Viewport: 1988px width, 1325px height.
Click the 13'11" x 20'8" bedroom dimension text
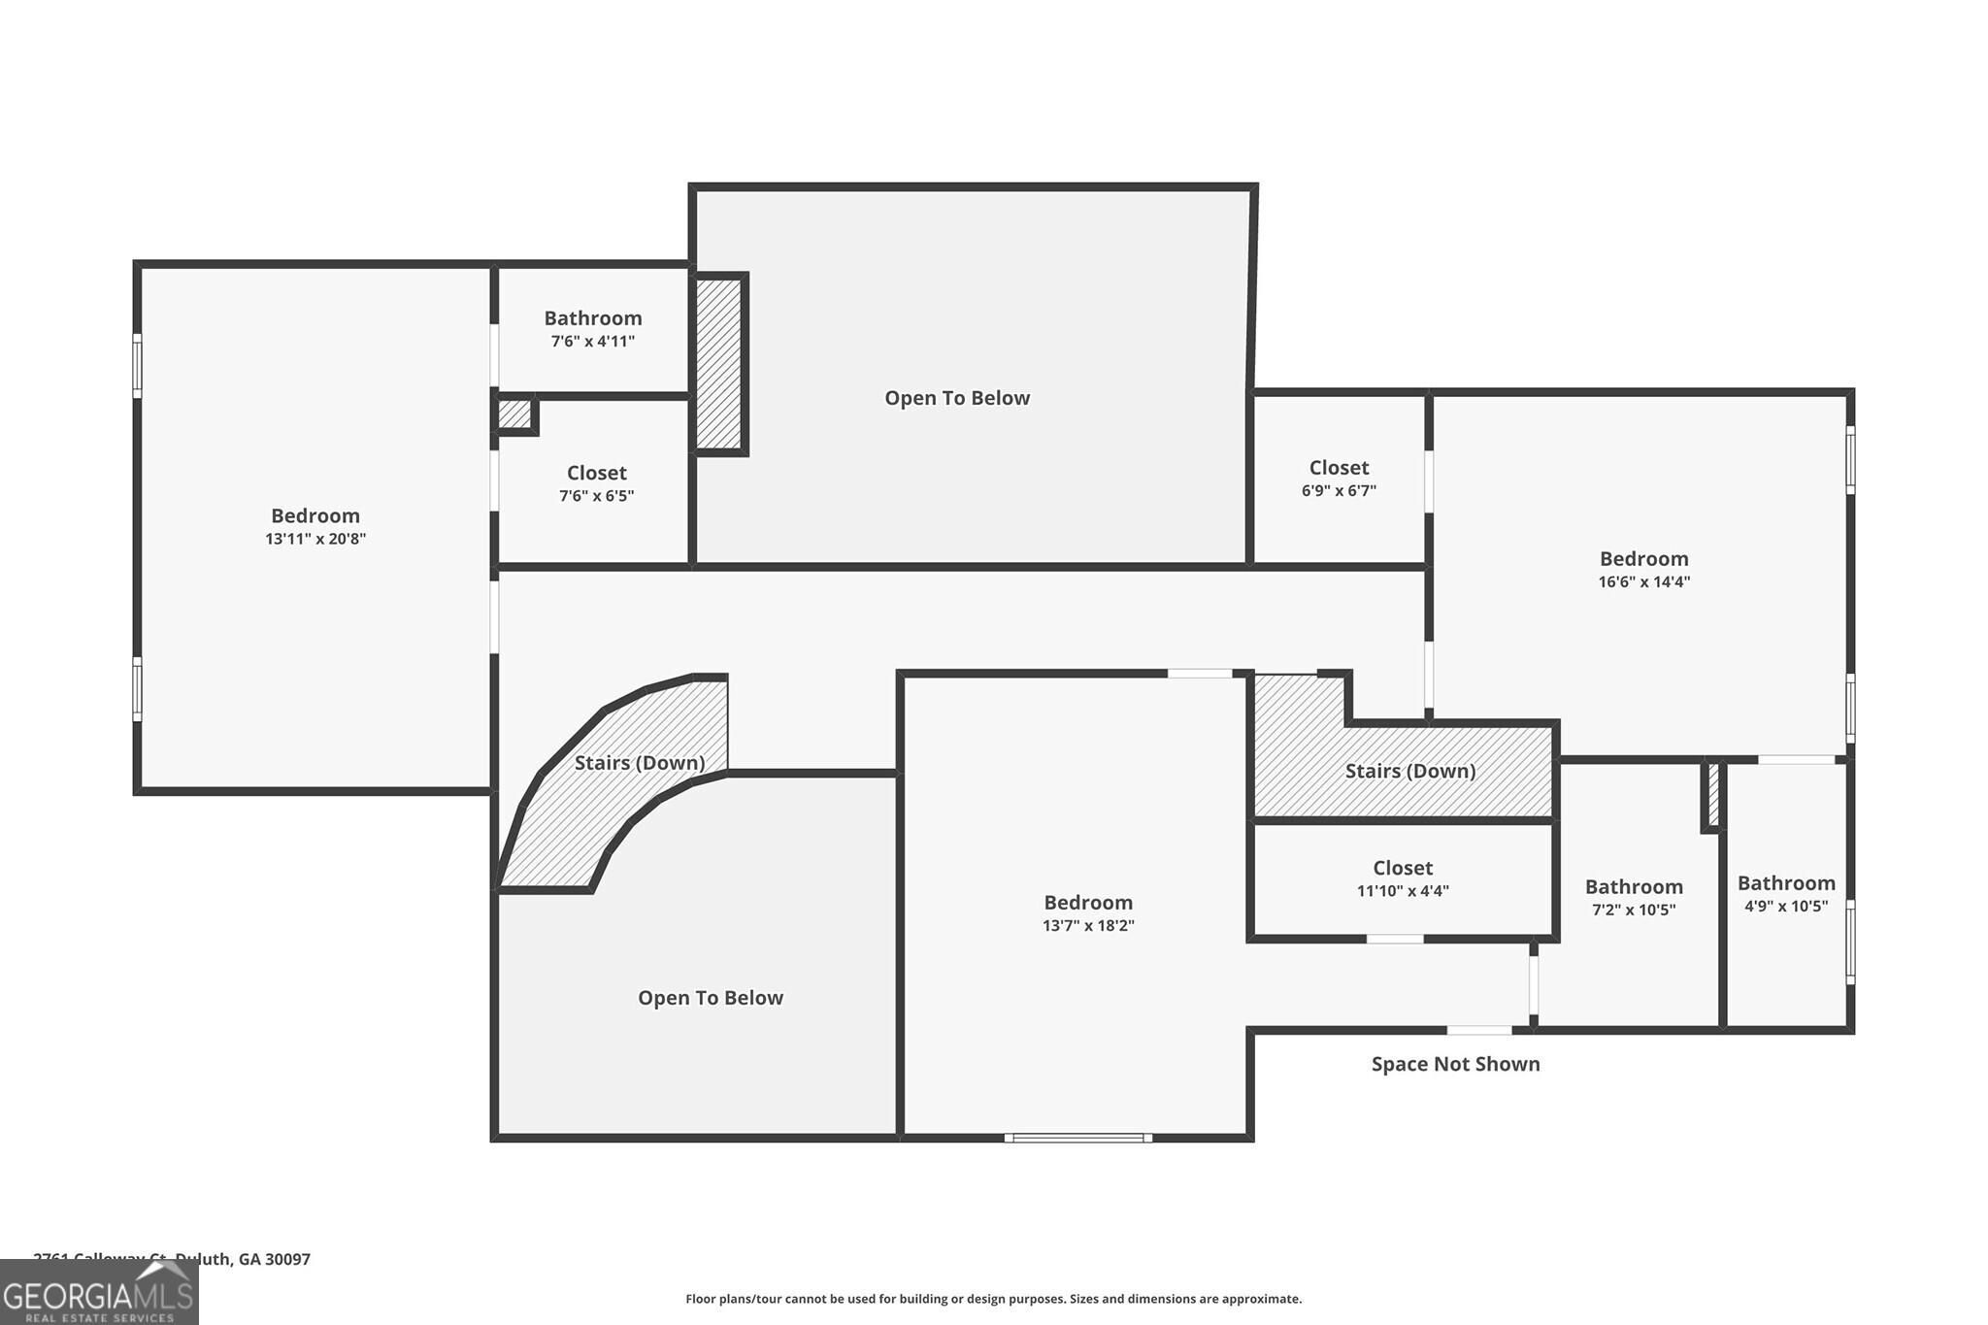315,539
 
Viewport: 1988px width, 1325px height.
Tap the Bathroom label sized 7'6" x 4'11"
592,318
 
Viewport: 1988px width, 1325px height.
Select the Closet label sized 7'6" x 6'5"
596,473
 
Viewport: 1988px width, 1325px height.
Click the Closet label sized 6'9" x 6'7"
1339,468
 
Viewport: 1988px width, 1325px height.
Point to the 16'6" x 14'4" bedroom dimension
1643,582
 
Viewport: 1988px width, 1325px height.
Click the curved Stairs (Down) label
639,763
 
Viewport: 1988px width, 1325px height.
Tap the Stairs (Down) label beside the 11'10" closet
1409,771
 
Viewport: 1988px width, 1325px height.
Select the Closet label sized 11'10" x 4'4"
1402,868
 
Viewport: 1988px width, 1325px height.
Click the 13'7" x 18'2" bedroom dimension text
1088,926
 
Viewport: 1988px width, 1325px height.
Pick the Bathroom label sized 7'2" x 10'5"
1634,887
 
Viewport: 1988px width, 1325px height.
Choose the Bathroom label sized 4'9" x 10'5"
1785,883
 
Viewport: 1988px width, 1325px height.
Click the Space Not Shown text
1455,1064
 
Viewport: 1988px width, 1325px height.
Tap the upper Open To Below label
956,398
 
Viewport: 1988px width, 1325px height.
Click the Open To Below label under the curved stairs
710,998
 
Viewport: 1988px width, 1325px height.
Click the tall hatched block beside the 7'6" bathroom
719,364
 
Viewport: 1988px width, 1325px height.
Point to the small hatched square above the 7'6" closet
514,414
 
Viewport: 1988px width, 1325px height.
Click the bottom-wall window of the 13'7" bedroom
1077,1137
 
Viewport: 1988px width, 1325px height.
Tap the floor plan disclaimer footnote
993,1299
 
